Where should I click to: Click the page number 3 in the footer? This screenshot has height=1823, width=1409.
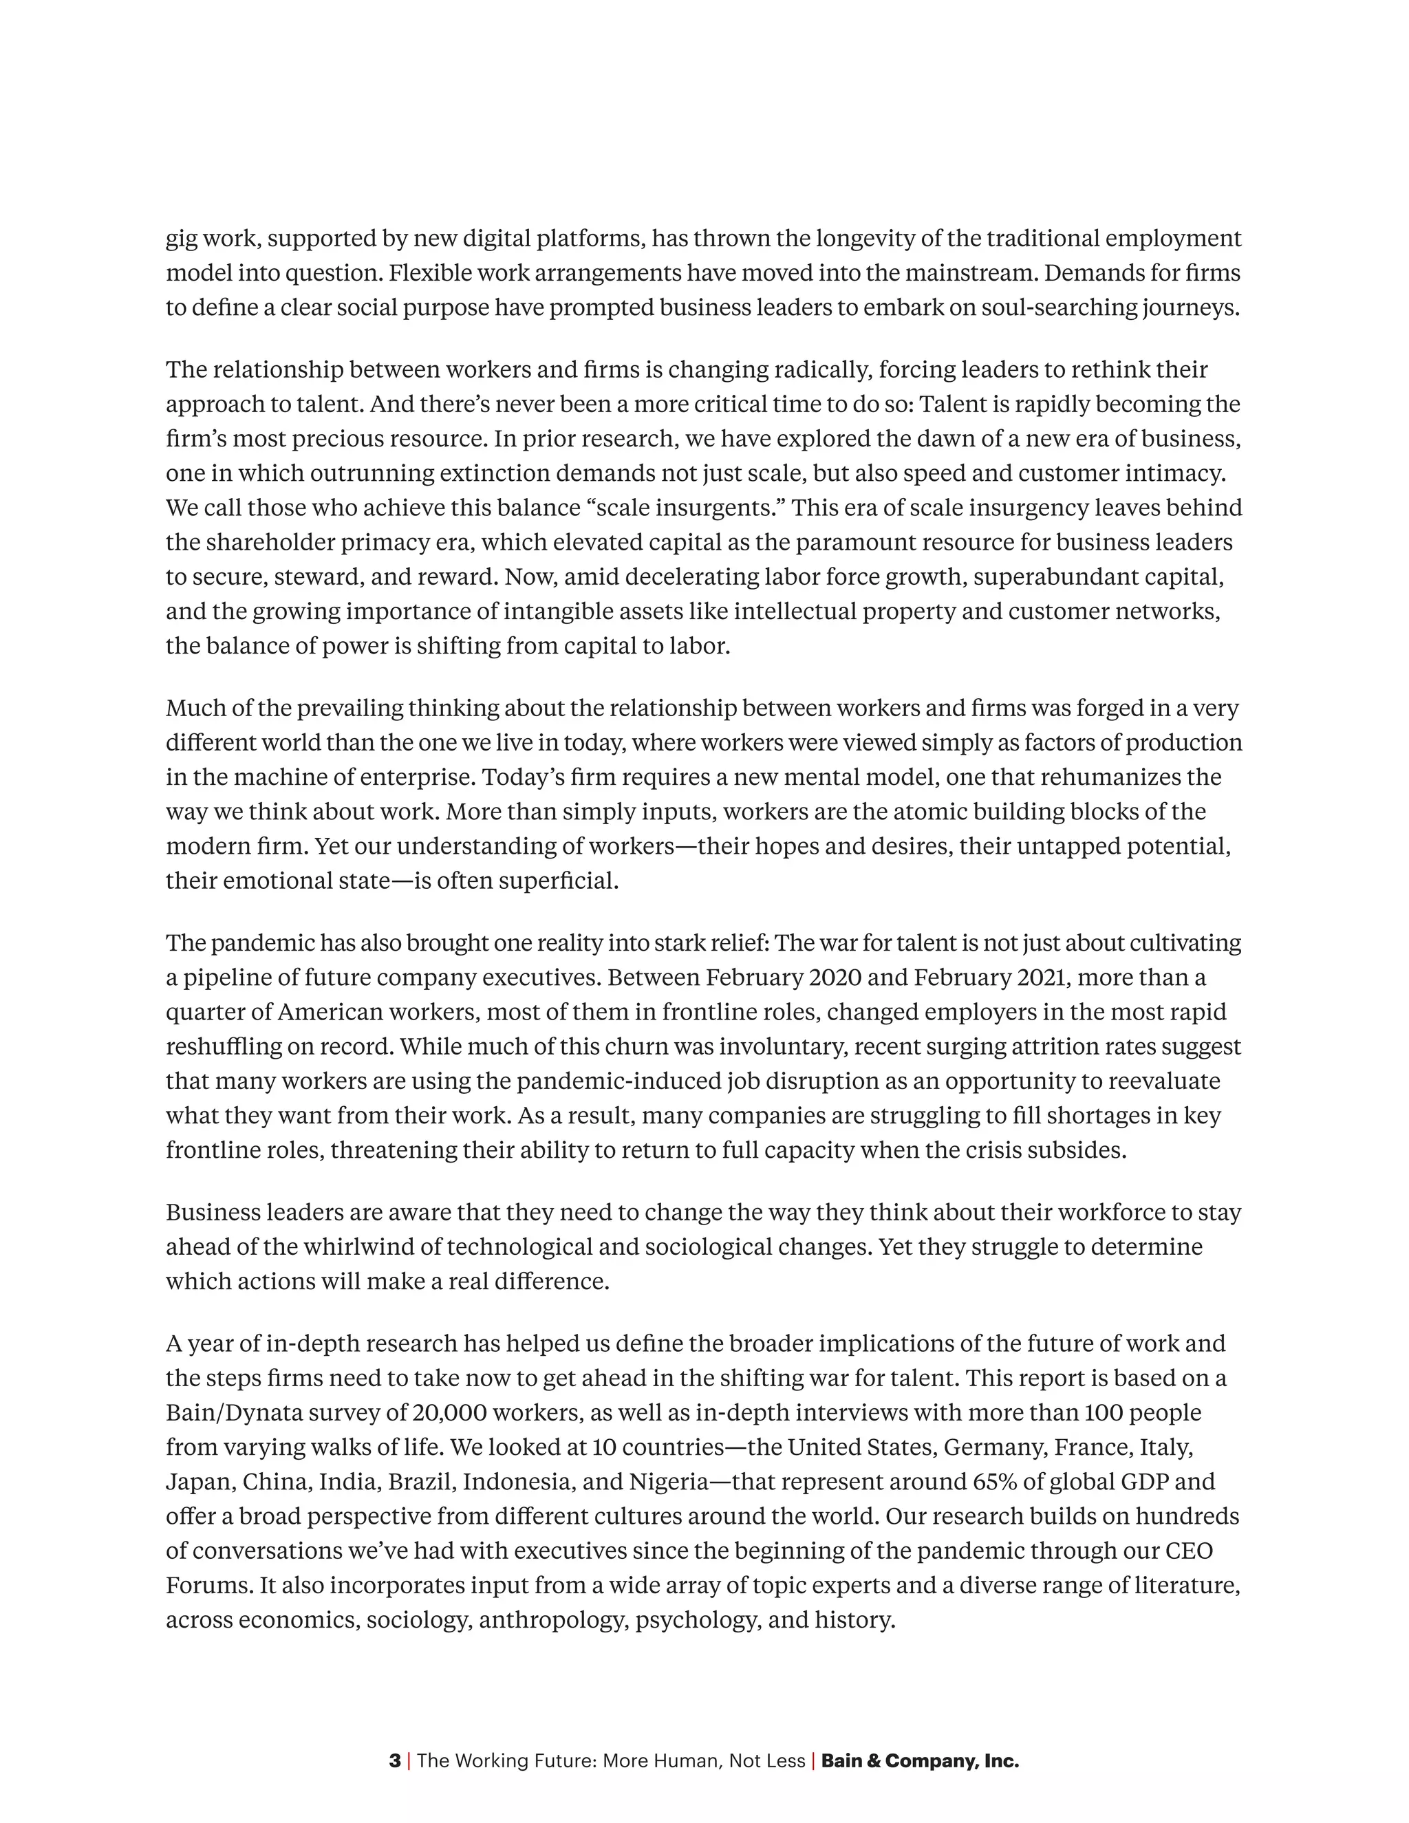click(x=394, y=1761)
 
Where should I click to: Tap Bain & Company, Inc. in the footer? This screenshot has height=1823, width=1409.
click(x=920, y=1761)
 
